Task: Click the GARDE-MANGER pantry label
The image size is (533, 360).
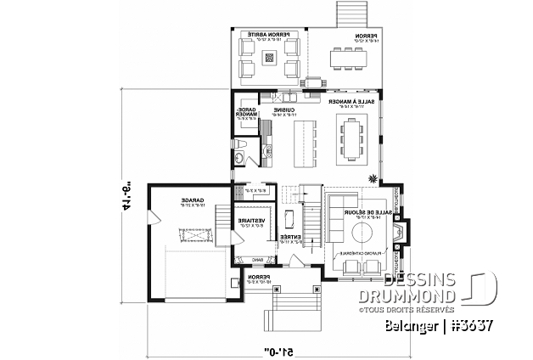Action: (245, 115)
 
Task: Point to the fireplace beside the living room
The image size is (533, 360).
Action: (401, 232)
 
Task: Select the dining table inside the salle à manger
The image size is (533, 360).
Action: (352, 140)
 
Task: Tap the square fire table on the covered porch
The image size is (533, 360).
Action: (270, 59)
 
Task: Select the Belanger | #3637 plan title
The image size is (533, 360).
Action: (457, 323)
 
